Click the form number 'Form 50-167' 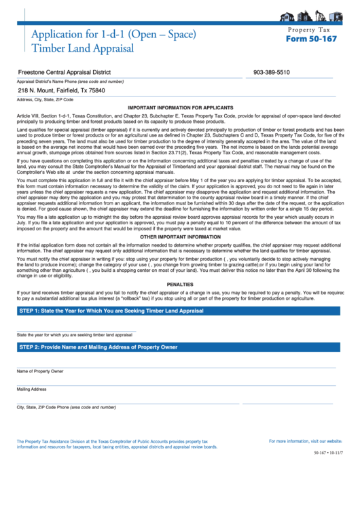311,39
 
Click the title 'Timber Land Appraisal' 77,48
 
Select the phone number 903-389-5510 271,72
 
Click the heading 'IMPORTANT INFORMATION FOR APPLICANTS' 180,108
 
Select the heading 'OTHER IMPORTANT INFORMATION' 180,236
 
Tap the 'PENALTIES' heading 180,284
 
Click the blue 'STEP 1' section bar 180,311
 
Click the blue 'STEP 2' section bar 180,347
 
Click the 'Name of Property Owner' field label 40,371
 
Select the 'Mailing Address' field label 31,389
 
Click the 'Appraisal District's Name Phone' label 70,81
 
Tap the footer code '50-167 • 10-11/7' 328,452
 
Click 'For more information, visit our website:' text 305,441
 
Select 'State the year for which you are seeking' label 75,335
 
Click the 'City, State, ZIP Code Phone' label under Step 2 67,407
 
